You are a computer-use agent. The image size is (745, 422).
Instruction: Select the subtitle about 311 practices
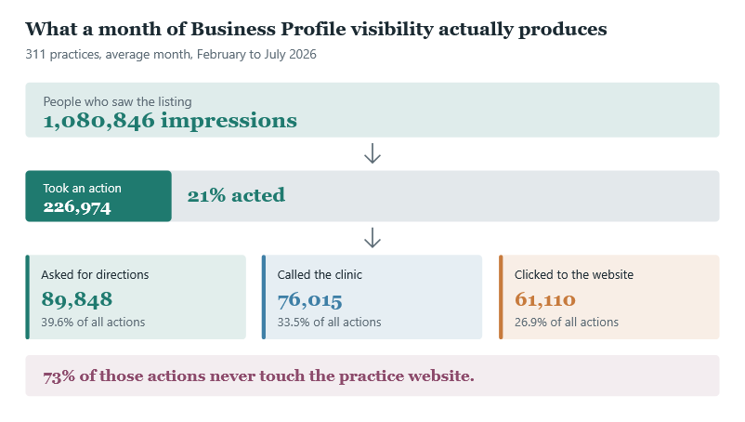pyautogui.click(x=171, y=54)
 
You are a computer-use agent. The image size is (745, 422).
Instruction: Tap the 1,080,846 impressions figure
pyautogui.click(x=170, y=121)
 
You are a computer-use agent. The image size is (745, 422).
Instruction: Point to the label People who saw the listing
pyautogui.click(x=117, y=101)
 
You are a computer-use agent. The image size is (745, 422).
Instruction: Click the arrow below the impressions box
pyautogui.click(x=372, y=153)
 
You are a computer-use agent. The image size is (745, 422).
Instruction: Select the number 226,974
pyautogui.click(x=77, y=207)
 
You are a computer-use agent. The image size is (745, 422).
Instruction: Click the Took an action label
pyautogui.click(x=82, y=188)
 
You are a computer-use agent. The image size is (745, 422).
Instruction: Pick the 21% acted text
pyautogui.click(x=236, y=195)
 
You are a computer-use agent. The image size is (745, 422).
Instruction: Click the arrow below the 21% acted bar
pyautogui.click(x=372, y=238)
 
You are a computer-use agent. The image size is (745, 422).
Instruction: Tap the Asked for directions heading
pyautogui.click(x=95, y=275)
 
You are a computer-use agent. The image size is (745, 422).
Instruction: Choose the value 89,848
pyautogui.click(x=77, y=299)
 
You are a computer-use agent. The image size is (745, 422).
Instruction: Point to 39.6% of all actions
pyautogui.click(x=93, y=323)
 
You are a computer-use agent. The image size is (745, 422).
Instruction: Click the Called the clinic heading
pyautogui.click(x=320, y=275)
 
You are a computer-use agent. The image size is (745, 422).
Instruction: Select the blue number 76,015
pyautogui.click(x=309, y=300)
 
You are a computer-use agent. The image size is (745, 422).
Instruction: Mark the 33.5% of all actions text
pyautogui.click(x=329, y=323)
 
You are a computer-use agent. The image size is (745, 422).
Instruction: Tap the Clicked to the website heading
pyautogui.click(x=574, y=275)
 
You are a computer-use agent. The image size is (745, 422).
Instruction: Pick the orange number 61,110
pyautogui.click(x=545, y=299)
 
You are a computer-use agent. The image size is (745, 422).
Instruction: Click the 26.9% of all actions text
pyautogui.click(x=567, y=323)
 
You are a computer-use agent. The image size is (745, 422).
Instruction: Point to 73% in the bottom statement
pyautogui.click(x=59, y=376)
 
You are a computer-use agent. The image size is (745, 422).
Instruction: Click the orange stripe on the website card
pyautogui.click(x=501, y=297)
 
